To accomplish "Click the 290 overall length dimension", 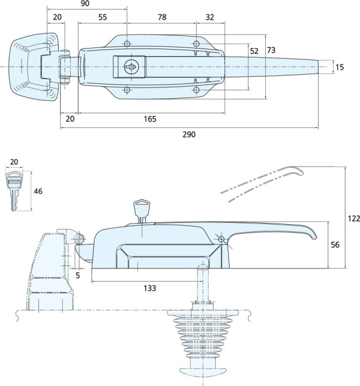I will [188, 134].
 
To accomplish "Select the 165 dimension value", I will [150, 119].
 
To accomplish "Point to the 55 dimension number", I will [103, 18].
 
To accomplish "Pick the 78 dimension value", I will [161, 18].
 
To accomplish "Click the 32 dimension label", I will [209, 18].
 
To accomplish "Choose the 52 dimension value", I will [254, 52].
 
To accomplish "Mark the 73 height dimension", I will [271, 49].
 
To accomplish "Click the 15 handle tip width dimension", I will [340, 67].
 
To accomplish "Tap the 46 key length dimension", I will [38, 192].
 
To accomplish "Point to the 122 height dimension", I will [354, 218].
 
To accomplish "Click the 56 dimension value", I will [336, 245].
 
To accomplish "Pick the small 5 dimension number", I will [78, 276].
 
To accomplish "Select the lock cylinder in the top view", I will [129, 67].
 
